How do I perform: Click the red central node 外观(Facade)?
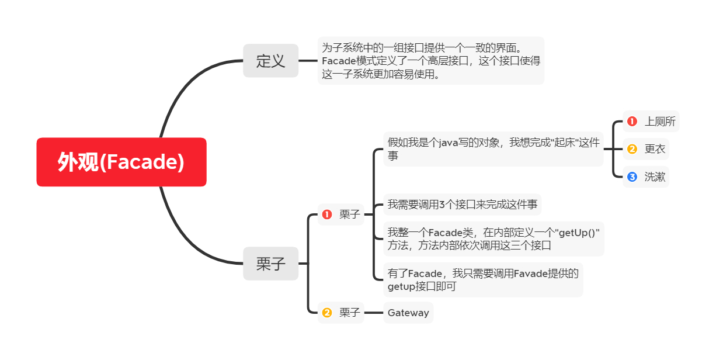click(121, 162)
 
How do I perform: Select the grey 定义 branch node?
click(270, 60)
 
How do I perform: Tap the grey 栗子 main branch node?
click(270, 264)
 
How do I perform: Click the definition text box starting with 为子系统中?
click(430, 60)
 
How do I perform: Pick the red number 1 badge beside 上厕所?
click(632, 122)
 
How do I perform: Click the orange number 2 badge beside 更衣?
click(632, 149)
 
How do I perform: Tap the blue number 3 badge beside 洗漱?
click(632, 176)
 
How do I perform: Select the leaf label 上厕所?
click(660, 122)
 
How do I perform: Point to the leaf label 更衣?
click(655, 149)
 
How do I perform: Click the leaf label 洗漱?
click(655, 176)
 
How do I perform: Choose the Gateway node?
click(408, 313)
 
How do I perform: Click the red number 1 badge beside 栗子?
click(327, 214)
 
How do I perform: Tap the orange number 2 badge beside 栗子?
click(327, 313)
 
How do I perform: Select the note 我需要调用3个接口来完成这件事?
click(462, 205)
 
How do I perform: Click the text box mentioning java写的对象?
click(493, 148)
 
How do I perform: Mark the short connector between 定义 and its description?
click(308, 60)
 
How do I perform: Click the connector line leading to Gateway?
click(373, 313)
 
